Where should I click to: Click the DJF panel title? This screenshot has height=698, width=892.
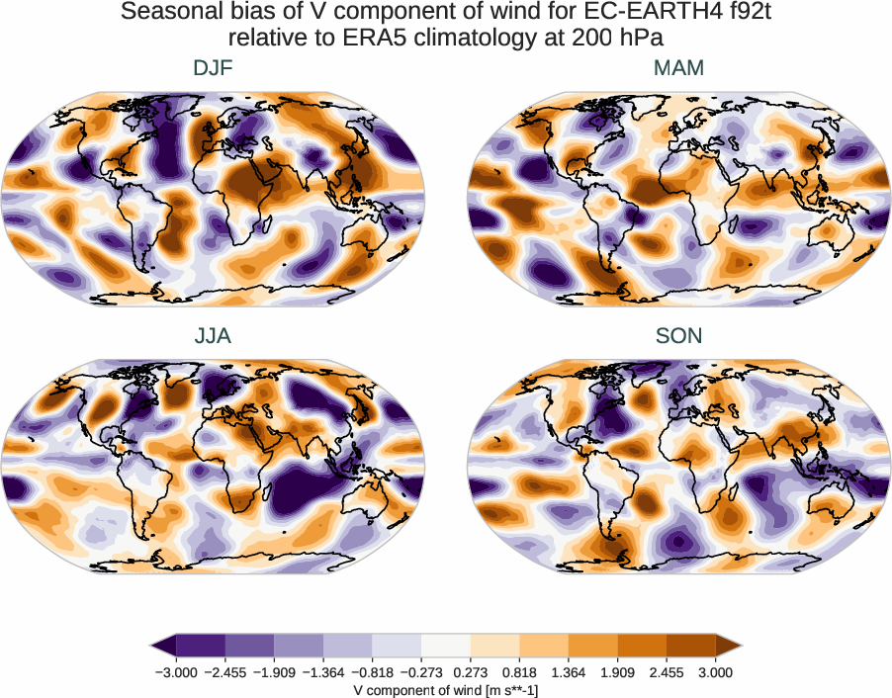pos(213,68)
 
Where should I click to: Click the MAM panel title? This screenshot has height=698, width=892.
pos(678,68)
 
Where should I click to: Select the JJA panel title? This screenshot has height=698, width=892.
pos(213,336)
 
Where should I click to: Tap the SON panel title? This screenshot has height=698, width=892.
pos(678,336)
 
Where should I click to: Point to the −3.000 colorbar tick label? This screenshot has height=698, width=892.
pos(175,672)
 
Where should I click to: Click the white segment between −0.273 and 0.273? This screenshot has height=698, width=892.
pos(446,646)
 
